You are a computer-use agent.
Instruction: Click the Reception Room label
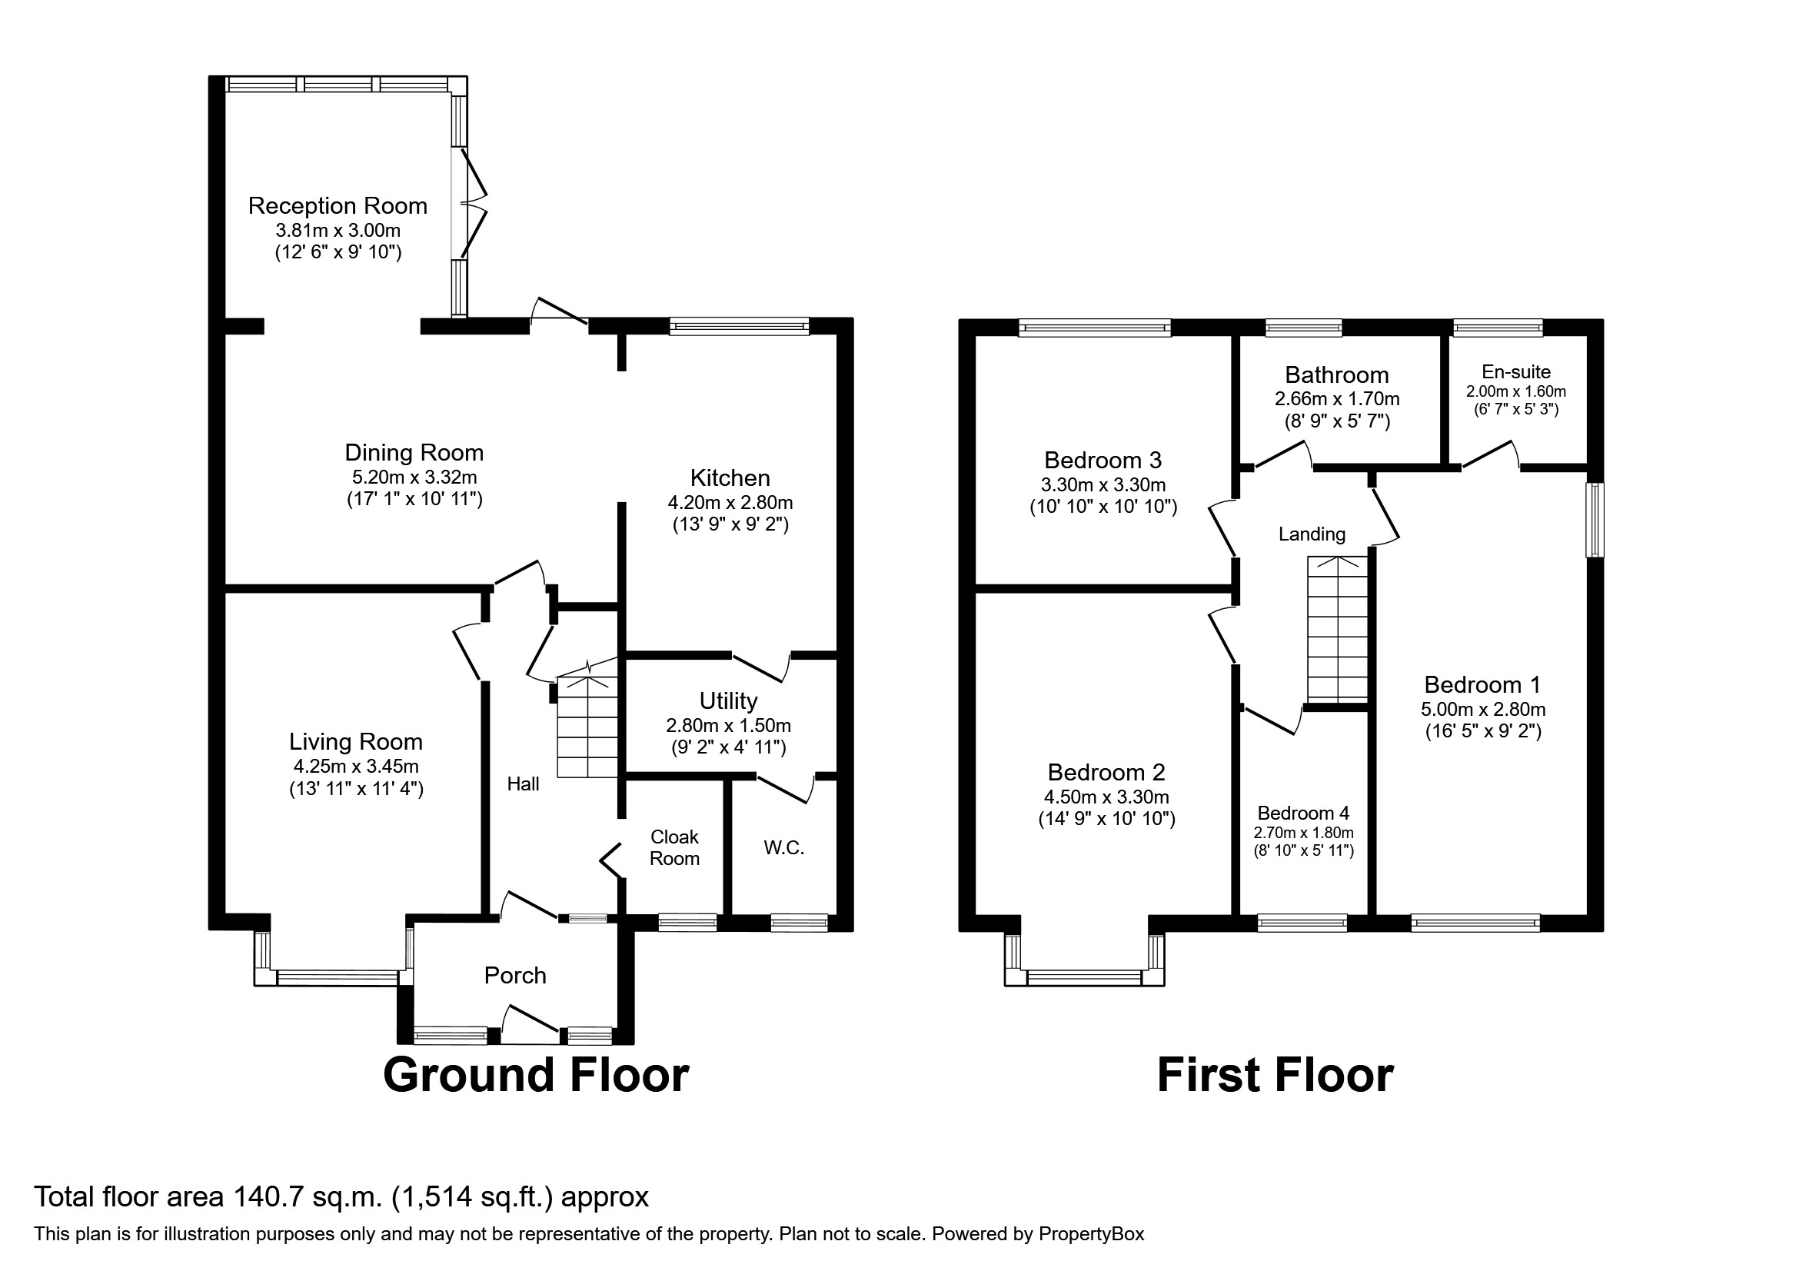(x=338, y=205)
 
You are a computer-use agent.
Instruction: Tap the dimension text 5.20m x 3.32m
(x=414, y=477)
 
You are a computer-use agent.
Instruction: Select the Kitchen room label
(x=730, y=477)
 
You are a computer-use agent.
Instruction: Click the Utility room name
(x=727, y=700)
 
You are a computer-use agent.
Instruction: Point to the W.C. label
(x=783, y=849)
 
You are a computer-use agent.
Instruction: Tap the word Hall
(x=523, y=784)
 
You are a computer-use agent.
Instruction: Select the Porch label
(x=515, y=975)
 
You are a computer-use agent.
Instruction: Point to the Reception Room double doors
(x=471, y=204)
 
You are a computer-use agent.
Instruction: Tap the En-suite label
(x=1515, y=371)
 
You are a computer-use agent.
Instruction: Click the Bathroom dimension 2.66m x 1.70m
(x=1337, y=399)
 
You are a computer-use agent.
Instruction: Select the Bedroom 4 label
(x=1302, y=813)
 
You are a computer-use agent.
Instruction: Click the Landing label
(x=1312, y=534)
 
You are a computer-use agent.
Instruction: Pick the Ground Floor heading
(x=535, y=1076)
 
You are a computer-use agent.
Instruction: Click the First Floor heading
(x=1274, y=1076)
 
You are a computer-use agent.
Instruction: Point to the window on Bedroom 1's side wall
(x=1596, y=520)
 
